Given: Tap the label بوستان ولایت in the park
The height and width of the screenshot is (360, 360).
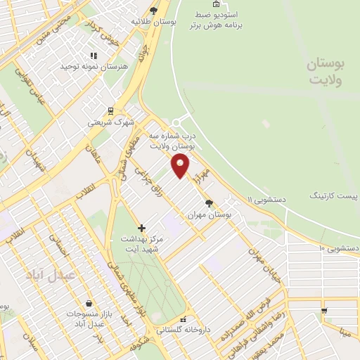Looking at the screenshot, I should pos(326,73).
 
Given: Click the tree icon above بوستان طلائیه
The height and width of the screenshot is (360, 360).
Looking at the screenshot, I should pos(154,10).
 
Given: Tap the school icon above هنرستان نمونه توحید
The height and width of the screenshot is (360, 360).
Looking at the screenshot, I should pos(92,56).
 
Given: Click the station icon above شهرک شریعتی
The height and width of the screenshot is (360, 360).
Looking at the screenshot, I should pos(111,110).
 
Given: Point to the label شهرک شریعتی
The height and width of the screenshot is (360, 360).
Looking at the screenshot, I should pos(110,122).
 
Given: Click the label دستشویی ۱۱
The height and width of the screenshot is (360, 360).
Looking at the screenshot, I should pos(262,200).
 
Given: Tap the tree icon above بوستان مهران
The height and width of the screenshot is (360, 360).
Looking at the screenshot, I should pos(209,202).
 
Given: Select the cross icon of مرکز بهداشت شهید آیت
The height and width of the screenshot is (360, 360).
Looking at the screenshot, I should pos(141,228).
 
